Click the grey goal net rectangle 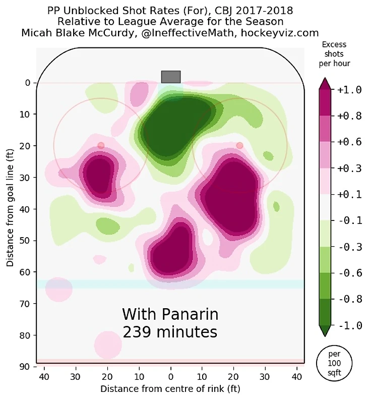171,77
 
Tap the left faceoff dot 101,145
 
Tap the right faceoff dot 239,145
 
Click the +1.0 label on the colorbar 349,90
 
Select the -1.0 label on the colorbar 349,325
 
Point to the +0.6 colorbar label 349,142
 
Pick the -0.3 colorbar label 349,247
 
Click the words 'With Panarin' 170,315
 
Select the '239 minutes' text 170,332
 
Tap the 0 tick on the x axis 171,376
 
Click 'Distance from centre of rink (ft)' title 170,389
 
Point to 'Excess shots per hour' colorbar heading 334,54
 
